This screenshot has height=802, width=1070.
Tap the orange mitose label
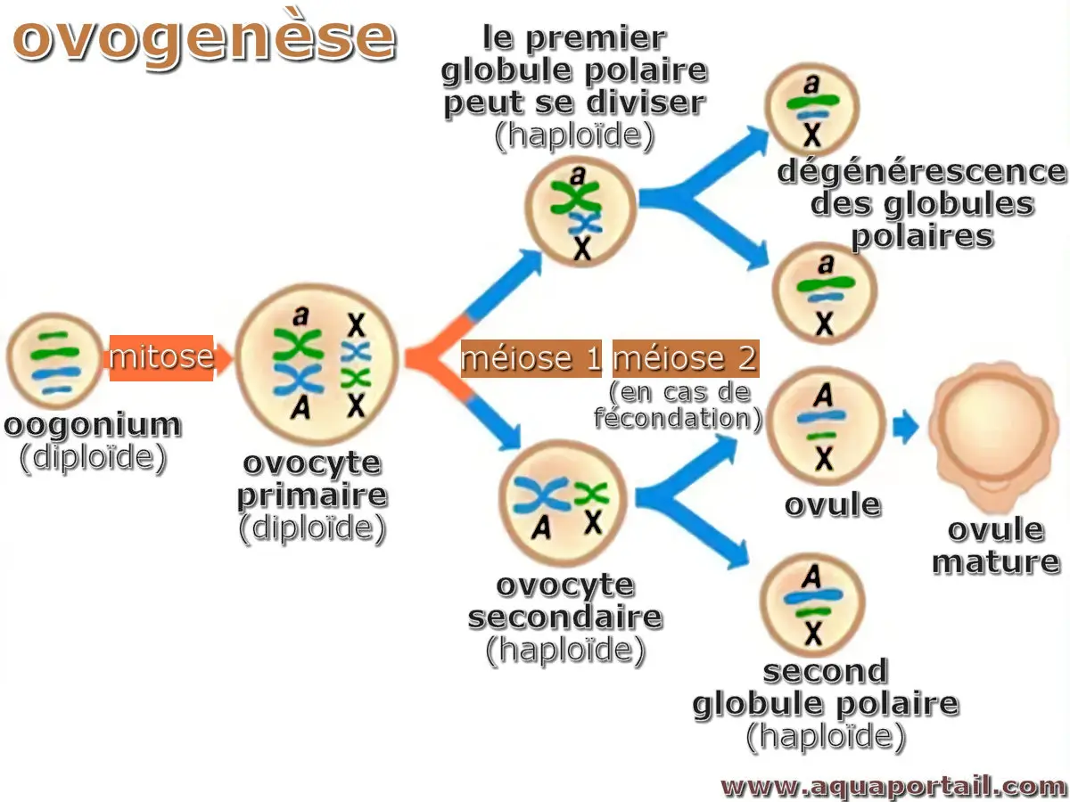pyautogui.click(x=161, y=357)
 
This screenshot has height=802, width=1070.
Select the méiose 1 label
pyautogui.click(x=531, y=358)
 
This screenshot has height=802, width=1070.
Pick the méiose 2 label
pyautogui.click(x=685, y=358)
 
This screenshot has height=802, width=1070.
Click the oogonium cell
pyautogui.click(x=54, y=358)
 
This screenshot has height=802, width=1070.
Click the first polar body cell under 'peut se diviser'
pyautogui.click(x=580, y=212)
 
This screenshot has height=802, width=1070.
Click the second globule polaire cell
pyautogui.click(x=812, y=604)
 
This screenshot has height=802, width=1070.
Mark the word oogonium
pyautogui.click(x=93, y=426)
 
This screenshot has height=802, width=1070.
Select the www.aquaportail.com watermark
pyautogui.click(x=893, y=786)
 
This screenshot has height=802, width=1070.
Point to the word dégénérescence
pyautogui.click(x=922, y=171)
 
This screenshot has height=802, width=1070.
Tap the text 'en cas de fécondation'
pyautogui.click(x=679, y=405)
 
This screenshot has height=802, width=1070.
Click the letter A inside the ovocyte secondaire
pyautogui.click(x=540, y=528)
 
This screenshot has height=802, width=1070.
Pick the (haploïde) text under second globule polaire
pyautogui.click(x=826, y=736)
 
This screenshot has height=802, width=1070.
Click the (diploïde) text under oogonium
pyautogui.click(x=93, y=457)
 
